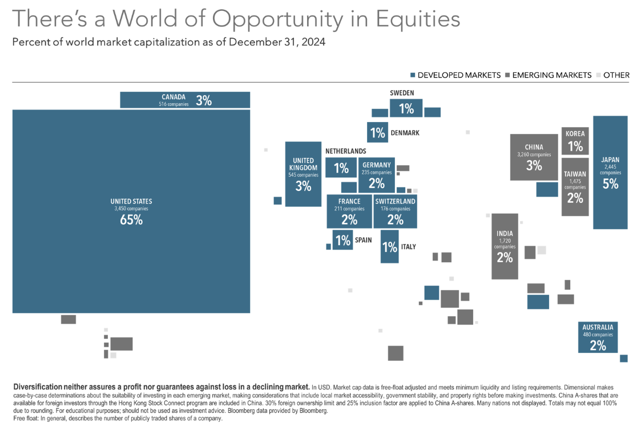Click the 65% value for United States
pyautogui.click(x=131, y=219)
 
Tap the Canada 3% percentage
pyautogui.click(x=204, y=101)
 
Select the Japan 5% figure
pyautogui.click(x=610, y=184)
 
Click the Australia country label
pyautogui.click(x=598, y=327)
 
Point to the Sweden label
pyautogui.click(x=402, y=93)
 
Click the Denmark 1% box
pyautogui.click(x=377, y=133)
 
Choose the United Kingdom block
pyautogui.click(x=303, y=174)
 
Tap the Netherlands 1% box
pyautogui.click(x=341, y=168)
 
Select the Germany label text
pyautogui.click(x=376, y=165)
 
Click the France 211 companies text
pyautogui.click(x=349, y=209)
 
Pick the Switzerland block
pyautogui.click(x=395, y=211)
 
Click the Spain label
pyautogui.click(x=363, y=240)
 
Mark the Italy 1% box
pyautogui.click(x=389, y=247)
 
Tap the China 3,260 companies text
pyautogui.click(x=534, y=154)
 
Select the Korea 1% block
pyautogui.click(x=575, y=141)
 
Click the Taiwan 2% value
pyautogui.click(x=575, y=198)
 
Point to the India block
pyautogui.click(x=505, y=246)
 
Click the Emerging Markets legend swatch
pyautogui.click(x=507, y=75)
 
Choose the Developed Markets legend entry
pyautogui.click(x=455, y=75)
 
